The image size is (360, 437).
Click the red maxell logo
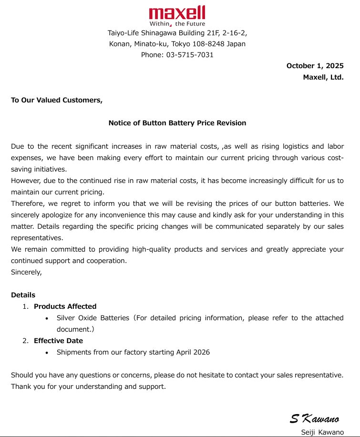177,12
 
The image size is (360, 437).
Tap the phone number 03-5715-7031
190,55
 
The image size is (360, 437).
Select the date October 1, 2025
315,66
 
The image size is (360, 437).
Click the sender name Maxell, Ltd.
323,77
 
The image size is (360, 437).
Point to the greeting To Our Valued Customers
57,100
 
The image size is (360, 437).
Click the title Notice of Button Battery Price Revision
177,123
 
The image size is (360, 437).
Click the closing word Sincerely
26,272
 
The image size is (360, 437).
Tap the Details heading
23,295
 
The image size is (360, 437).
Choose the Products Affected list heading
65,306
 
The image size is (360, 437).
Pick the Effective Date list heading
58,341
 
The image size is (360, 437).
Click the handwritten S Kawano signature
315,419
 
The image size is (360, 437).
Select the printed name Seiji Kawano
322,432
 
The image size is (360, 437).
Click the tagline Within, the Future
177,24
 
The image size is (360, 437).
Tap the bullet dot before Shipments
46,353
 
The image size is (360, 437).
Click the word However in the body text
26,181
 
